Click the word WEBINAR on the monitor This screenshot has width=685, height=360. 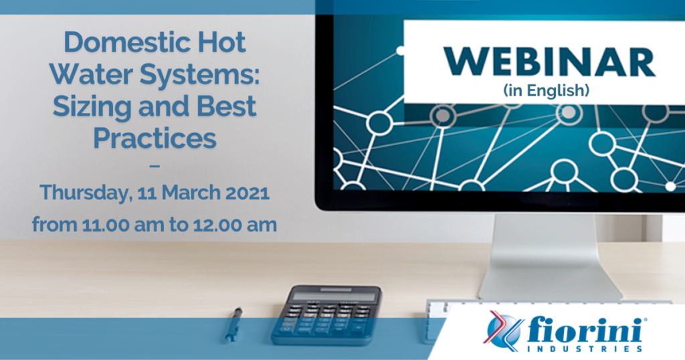(549, 62)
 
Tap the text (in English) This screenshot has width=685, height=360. (546, 90)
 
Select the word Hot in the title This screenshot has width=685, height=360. (222, 42)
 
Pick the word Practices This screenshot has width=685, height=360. (155, 138)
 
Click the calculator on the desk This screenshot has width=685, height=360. (326, 315)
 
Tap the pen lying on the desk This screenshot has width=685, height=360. (233, 323)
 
